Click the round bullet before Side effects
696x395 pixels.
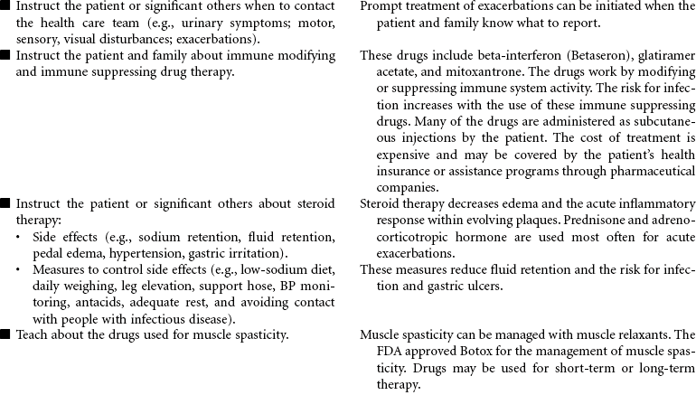click(20, 237)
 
